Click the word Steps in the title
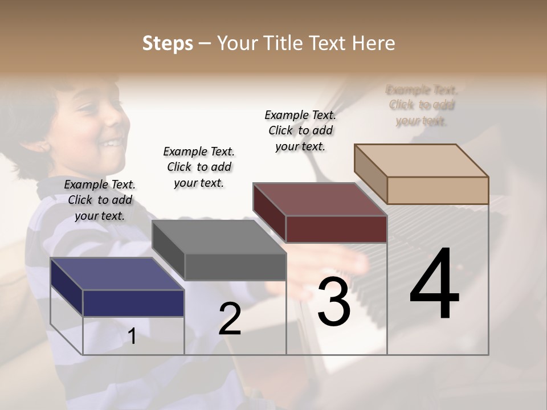point(168,43)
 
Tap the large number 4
point(434,284)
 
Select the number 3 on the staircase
point(333,301)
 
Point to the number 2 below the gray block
point(230,319)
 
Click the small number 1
point(132,337)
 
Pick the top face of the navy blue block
point(117,273)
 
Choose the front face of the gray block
point(235,267)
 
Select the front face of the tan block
point(438,190)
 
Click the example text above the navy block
point(100,200)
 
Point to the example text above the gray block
point(199,167)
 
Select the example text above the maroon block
point(300,130)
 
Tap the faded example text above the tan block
point(422,105)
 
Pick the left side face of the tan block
point(370,174)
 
